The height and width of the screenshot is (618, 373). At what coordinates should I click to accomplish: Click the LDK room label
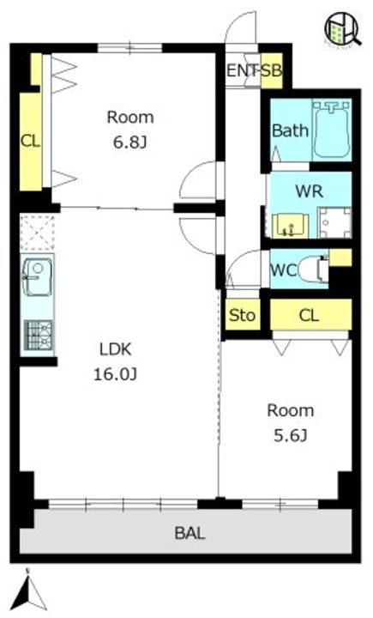pyautogui.click(x=115, y=349)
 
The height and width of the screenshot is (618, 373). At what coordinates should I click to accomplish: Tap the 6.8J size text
pyautogui.click(x=130, y=142)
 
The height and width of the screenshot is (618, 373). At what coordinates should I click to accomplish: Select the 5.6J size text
pyautogui.click(x=291, y=435)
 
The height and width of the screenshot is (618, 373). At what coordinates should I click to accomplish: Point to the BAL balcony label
pyautogui.click(x=190, y=533)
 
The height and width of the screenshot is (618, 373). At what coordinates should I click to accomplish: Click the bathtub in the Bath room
pyautogui.click(x=332, y=130)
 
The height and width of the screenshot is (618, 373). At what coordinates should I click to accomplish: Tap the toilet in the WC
pyautogui.click(x=314, y=270)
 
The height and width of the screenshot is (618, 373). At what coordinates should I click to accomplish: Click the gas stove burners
pyautogui.click(x=39, y=336)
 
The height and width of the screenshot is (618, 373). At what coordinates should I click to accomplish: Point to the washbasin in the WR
pyautogui.click(x=291, y=226)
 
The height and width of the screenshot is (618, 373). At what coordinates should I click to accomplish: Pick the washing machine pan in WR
pyautogui.click(x=334, y=222)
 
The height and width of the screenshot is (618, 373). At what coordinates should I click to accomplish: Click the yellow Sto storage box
pyautogui.click(x=243, y=314)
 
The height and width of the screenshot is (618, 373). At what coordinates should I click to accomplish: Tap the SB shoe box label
pyautogui.click(x=272, y=71)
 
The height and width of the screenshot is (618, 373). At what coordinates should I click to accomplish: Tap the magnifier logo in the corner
pyautogui.click(x=341, y=28)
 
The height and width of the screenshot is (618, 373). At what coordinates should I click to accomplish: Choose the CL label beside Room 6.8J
pyautogui.click(x=30, y=141)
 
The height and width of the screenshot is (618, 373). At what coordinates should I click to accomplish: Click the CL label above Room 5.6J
pyautogui.click(x=310, y=315)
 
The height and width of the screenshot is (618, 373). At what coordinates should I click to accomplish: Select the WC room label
pyautogui.click(x=284, y=270)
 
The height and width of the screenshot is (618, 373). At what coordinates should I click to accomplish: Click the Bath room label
pyautogui.click(x=291, y=130)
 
